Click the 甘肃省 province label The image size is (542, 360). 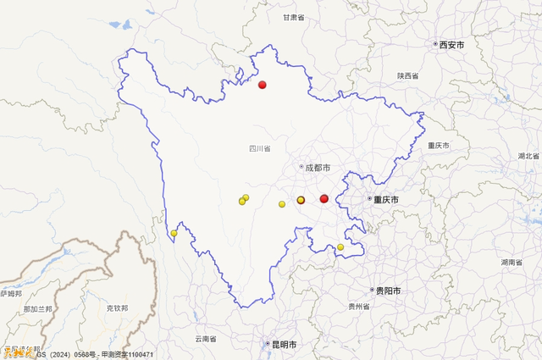coord(294,17)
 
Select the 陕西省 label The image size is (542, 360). coord(408,75)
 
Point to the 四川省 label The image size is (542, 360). coord(259,148)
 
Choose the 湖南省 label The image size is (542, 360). coord(511,262)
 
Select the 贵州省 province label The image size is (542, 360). coord(359,306)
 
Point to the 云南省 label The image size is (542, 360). coord(206,339)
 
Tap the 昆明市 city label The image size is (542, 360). coord(283,345)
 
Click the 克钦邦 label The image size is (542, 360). coord(118,308)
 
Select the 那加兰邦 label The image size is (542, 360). coord(37,309)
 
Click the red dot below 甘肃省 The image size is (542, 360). coord(263,84)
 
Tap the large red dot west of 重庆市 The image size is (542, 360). coord(324,199)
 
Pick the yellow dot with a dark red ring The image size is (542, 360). coord(301,200)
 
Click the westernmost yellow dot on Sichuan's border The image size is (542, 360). coord(174,233)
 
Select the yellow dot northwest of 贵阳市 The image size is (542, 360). coord(340,247)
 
